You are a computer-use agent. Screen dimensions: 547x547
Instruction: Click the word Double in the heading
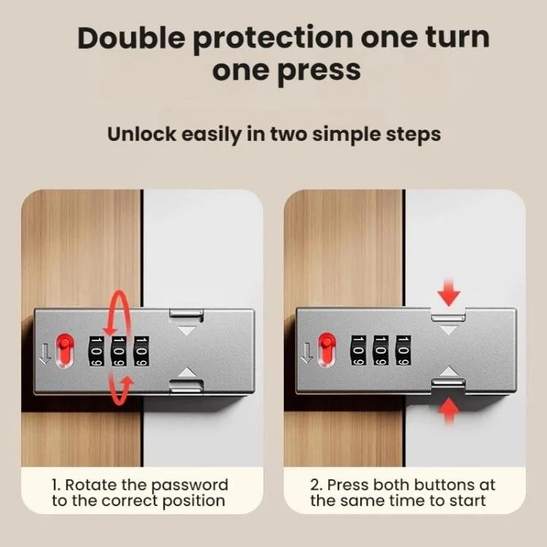point(131,38)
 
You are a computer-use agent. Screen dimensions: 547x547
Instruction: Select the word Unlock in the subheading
point(141,134)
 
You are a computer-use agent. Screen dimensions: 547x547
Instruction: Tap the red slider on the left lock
point(65,350)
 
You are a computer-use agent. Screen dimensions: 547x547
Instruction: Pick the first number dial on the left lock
point(96,352)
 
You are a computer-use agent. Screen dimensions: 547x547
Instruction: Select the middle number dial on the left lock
point(119,352)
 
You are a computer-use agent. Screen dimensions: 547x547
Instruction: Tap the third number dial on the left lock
point(141,352)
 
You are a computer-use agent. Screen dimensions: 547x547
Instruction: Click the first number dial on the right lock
point(359,351)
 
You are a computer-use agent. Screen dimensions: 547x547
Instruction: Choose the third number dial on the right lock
point(403,351)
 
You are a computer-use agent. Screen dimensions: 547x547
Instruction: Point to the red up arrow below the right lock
point(449,411)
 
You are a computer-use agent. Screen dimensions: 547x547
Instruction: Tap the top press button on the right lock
point(449,317)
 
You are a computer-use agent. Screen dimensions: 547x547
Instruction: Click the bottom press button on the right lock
point(449,383)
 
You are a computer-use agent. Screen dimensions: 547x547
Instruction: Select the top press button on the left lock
point(186,314)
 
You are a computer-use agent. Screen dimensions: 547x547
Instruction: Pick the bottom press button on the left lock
point(186,386)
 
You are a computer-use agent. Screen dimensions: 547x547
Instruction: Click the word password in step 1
point(190,486)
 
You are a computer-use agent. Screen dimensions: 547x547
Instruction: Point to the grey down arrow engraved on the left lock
point(45,353)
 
